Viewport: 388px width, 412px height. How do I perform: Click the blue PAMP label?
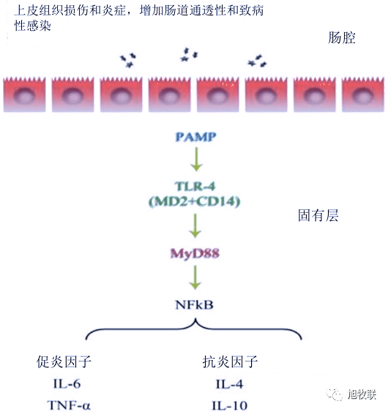196,137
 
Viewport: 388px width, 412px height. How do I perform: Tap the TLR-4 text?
195,187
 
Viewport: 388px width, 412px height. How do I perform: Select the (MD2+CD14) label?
195,201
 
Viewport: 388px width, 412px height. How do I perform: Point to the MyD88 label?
195,253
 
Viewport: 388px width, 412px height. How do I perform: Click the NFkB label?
194,305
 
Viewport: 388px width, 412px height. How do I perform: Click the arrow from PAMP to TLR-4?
196,160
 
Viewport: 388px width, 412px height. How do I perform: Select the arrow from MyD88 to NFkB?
195,277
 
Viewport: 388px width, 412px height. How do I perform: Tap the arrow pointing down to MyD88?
195,225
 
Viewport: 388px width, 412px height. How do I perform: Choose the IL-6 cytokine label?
67,384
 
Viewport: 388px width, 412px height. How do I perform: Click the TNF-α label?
69,405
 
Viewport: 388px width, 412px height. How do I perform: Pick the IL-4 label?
229,384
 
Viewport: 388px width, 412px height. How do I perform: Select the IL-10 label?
230,405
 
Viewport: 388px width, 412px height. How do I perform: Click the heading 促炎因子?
64,362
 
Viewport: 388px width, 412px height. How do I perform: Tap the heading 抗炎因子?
230,362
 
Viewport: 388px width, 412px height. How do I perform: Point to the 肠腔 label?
342,37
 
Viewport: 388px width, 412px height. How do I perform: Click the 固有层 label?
318,215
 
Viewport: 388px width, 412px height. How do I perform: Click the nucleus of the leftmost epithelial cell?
24,96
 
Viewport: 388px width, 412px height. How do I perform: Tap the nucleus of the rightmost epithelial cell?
363,96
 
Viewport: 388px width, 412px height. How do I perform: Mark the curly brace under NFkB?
194,328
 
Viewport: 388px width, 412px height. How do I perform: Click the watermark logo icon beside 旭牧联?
335,394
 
